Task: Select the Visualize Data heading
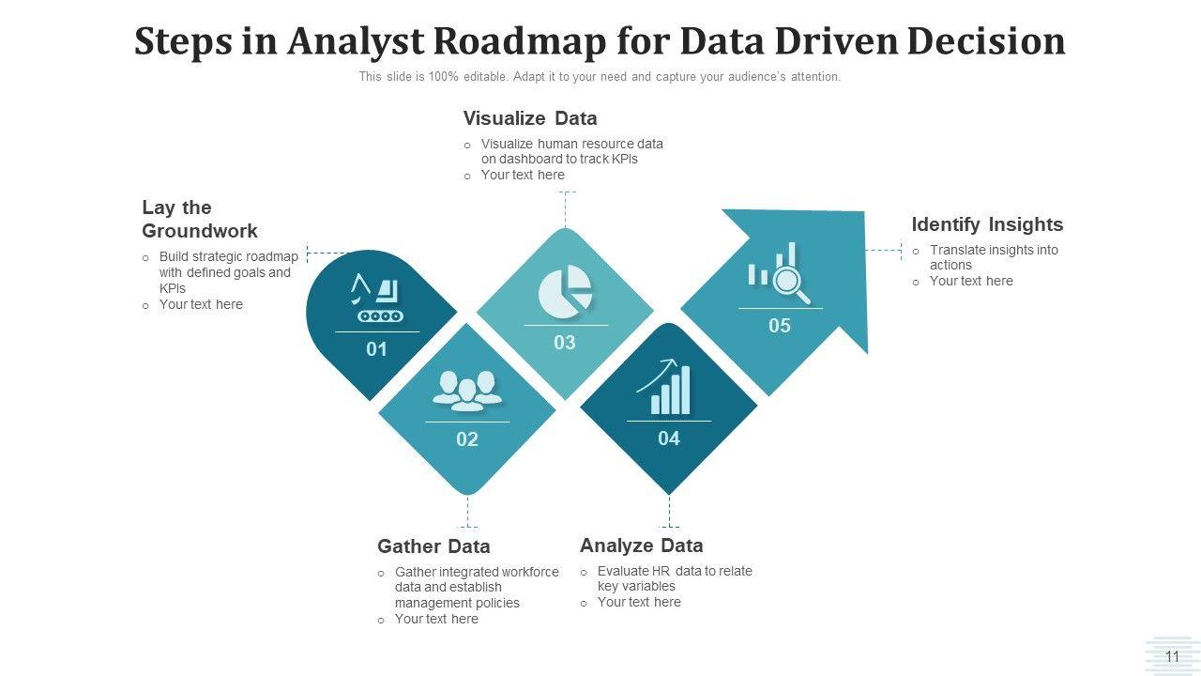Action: (x=530, y=118)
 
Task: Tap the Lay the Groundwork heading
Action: (x=199, y=219)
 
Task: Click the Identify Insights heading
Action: (x=987, y=224)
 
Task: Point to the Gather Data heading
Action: (x=433, y=546)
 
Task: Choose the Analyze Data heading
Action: (x=641, y=545)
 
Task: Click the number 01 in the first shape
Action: (x=376, y=349)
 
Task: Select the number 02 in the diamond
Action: (x=467, y=439)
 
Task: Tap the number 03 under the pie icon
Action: (x=565, y=343)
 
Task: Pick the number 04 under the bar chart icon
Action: (x=669, y=438)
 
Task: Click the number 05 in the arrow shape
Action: (x=780, y=326)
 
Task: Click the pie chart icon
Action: (x=565, y=289)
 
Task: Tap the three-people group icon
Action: (x=466, y=390)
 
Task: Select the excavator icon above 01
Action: (x=376, y=298)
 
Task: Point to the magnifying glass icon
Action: (x=790, y=284)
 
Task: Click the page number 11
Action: (x=1172, y=657)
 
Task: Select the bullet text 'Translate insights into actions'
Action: (x=993, y=257)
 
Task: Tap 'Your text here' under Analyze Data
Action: (x=639, y=602)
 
